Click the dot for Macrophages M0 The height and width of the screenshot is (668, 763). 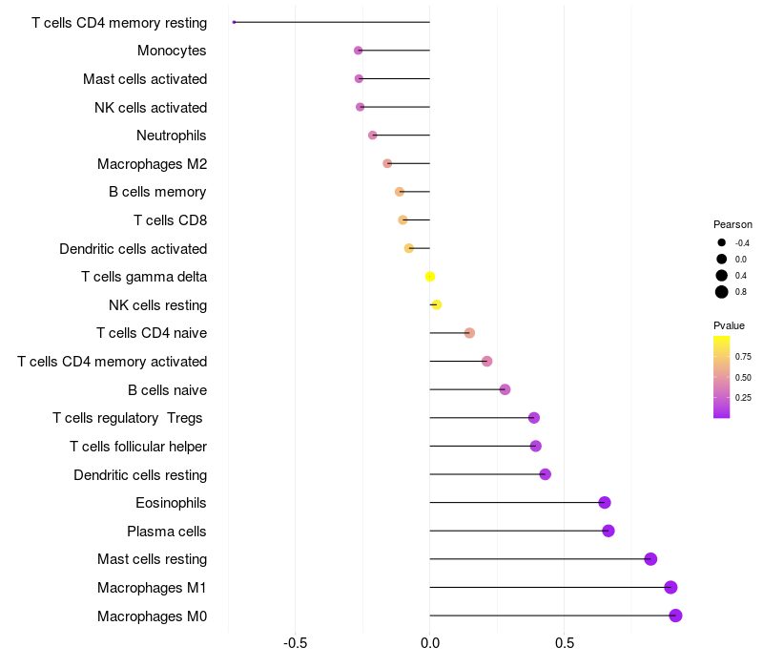coord(675,616)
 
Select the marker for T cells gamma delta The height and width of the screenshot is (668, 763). coord(430,277)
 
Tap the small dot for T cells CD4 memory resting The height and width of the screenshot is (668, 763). coord(234,22)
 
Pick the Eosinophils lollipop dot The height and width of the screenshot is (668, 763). coord(605,503)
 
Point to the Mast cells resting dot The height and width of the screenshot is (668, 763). coord(650,559)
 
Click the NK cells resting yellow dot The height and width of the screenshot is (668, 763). coord(437,304)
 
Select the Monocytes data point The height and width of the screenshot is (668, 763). coord(359,51)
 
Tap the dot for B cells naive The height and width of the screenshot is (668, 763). coord(505,389)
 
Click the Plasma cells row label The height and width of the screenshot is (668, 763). coord(166,532)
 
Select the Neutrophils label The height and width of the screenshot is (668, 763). coord(172,136)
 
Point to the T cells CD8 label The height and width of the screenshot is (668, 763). coord(171,220)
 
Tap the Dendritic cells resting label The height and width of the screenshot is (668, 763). coord(140,475)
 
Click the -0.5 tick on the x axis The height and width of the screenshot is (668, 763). coord(295,643)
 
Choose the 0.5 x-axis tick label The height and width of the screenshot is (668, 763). coord(565,643)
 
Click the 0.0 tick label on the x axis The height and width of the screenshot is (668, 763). coord(430,643)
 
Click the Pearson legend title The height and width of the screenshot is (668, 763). coord(732,224)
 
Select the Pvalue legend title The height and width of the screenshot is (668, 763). coord(729,325)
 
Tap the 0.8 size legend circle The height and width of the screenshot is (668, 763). coord(722,292)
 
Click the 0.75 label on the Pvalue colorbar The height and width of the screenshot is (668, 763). coord(743,357)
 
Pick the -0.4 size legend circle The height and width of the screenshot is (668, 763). coord(722,242)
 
